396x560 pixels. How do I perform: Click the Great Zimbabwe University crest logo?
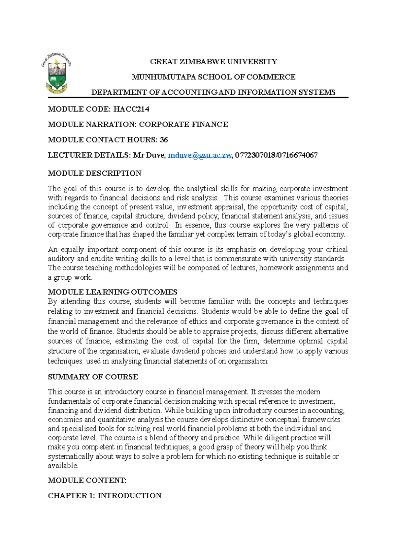pyautogui.click(x=57, y=73)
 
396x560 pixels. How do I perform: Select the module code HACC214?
pyautogui.click(x=131, y=109)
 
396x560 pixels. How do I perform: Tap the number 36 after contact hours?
pyautogui.click(x=164, y=140)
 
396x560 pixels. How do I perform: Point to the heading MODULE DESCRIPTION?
pyautogui.click(x=94, y=173)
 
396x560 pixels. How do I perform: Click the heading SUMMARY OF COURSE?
pyautogui.click(x=93, y=377)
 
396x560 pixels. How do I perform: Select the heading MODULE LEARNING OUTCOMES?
pyautogui.click(x=113, y=292)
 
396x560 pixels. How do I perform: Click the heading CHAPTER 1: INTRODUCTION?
pyautogui.click(x=105, y=496)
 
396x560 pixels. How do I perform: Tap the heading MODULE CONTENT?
pyautogui.click(x=87, y=481)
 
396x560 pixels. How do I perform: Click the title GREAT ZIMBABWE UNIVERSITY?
pyautogui.click(x=214, y=62)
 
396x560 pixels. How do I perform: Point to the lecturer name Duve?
pyautogui.click(x=155, y=155)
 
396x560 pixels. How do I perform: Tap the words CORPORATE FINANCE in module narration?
pyautogui.click(x=183, y=125)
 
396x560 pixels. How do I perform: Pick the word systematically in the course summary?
pyautogui.click(x=71, y=456)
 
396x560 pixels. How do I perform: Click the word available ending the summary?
pyautogui.click(x=62, y=466)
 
